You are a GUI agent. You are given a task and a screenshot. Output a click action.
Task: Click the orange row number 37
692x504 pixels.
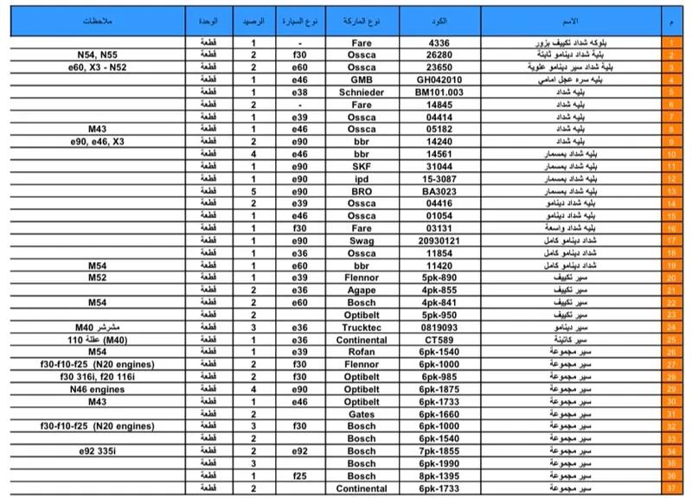tap(670, 489)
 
